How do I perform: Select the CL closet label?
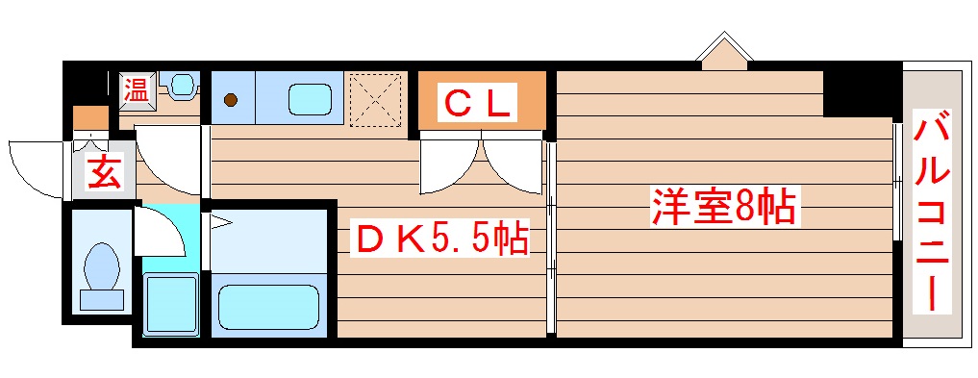point(478,102)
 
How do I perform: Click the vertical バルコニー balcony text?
point(932,212)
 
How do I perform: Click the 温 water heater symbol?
point(137,91)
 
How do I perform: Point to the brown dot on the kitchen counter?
point(231,98)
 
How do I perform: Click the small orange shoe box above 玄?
point(90,118)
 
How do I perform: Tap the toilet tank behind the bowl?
point(101,299)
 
